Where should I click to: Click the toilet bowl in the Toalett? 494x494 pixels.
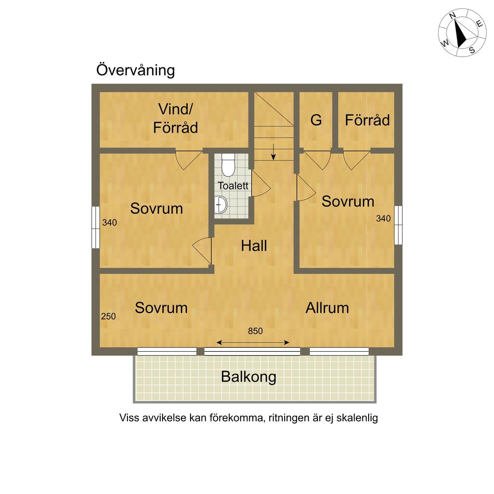tap(228, 165)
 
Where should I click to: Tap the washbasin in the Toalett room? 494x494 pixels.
tap(221, 205)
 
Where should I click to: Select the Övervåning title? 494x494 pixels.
tap(136, 70)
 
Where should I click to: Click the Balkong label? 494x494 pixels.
tap(248, 377)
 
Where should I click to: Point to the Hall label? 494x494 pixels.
tap(254, 246)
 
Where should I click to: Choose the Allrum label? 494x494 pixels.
tap(328, 308)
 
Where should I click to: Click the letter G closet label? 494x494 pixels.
tap(316, 120)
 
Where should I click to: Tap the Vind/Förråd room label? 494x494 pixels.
tap(176, 119)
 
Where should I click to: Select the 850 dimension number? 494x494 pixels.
tap(255, 331)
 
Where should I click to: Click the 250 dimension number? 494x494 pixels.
tap(109, 316)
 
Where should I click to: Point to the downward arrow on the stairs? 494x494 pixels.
tap(274, 151)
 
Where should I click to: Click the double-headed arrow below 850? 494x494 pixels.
tap(253, 343)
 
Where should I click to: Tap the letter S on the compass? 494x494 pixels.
tap(472, 50)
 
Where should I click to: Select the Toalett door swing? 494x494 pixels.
tap(261, 184)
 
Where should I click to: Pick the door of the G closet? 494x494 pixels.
tap(317, 160)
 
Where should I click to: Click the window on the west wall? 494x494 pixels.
tap(96, 227)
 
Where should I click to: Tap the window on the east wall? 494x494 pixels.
tap(398, 225)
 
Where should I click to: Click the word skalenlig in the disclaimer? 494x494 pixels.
tap(357, 418)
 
